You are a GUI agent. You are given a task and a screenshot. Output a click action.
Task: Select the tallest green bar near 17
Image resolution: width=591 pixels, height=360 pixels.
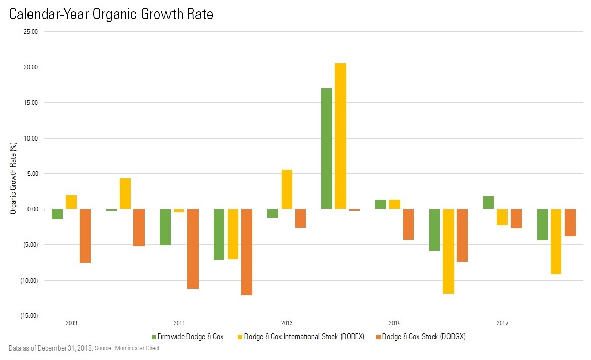point(327,149)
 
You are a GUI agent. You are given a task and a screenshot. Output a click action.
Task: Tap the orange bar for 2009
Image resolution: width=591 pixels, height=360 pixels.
point(85,236)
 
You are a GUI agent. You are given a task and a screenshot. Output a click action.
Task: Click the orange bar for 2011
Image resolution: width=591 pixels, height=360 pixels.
point(193,249)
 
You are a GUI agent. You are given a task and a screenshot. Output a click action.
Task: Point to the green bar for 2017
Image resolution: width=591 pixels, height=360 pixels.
point(488,203)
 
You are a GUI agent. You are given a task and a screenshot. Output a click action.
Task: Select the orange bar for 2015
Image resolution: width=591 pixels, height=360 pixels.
point(408,225)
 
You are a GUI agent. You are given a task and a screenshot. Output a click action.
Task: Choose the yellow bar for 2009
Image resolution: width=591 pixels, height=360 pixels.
point(71,202)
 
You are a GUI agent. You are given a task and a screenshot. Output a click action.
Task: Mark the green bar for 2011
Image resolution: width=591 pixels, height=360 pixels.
point(165,227)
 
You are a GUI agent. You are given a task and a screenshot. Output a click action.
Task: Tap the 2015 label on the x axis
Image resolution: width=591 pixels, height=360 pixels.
point(395,323)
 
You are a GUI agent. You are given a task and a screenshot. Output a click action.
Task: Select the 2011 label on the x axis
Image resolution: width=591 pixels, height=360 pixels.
point(179,323)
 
